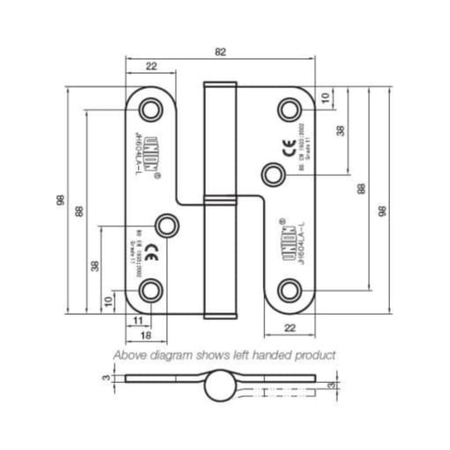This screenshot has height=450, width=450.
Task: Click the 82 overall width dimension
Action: pyautogui.click(x=219, y=52)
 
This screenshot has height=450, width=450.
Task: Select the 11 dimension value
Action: pyautogui.click(x=138, y=321)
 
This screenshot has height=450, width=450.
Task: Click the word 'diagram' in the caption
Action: pyautogui.click(x=178, y=356)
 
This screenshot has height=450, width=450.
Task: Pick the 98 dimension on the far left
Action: pyautogui.click(x=59, y=200)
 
